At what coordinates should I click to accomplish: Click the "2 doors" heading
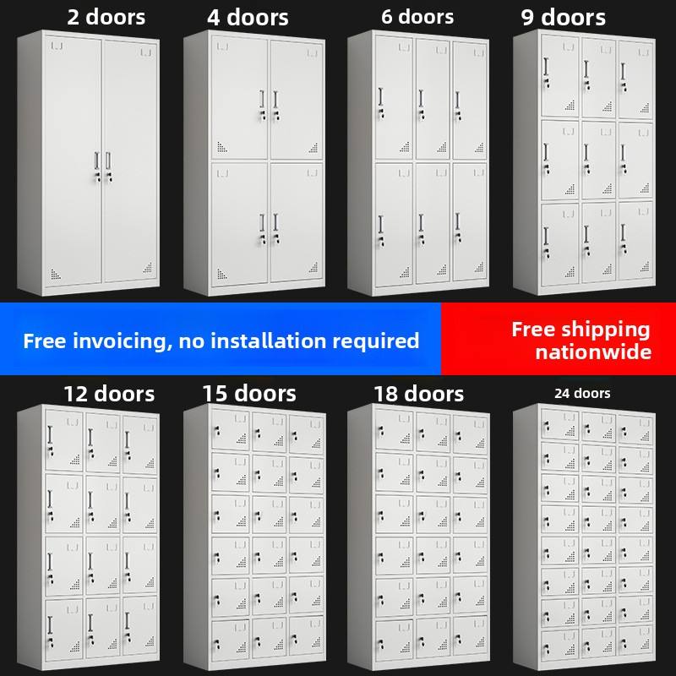coord(106,17)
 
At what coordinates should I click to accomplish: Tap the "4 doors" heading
coord(248,18)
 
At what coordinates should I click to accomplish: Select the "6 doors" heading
coord(417,17)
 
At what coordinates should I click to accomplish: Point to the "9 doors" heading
coord(563,18)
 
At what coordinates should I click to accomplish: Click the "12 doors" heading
coord(109,394)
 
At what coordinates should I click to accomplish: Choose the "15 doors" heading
coord(249,394)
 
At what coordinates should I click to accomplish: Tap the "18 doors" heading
coord(418,394)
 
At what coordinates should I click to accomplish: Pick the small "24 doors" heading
coord(582,393)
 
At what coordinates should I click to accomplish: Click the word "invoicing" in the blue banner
coord(119,341)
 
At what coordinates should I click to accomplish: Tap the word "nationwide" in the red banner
coord(593,352)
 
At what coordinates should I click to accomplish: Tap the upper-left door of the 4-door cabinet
coord(239,97)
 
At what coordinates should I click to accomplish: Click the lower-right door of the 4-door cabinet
coord(297,222)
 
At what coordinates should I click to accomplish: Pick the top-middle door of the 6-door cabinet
coord(433,99)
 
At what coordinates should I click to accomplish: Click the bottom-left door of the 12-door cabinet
coord(64,628)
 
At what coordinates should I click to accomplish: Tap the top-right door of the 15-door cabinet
coord(306,433)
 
